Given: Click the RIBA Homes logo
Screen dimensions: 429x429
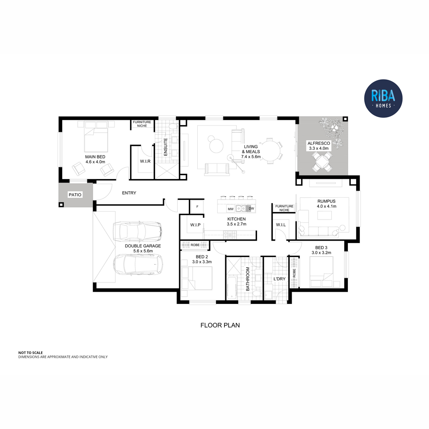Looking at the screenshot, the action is tap(383, 98).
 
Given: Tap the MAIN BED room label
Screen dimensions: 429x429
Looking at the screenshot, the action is tap(95, 157).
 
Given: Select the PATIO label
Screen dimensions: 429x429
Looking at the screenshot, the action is tap(75, 195).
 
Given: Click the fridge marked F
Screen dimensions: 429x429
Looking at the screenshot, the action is tap(197, 207).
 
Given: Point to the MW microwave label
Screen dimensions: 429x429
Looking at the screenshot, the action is tap(231, 209).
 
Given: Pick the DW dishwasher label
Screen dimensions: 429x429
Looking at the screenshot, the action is tap(251, 208).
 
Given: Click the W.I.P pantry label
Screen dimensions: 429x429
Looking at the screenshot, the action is tap(195, 225).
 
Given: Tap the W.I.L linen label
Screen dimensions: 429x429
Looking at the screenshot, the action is tap(281, 225).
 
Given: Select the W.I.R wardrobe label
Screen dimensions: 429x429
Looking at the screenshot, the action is tap(145, 161).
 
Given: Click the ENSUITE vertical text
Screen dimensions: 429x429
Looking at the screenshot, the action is tap(166, 147).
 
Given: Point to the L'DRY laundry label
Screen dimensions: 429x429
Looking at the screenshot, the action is tap(280, 279).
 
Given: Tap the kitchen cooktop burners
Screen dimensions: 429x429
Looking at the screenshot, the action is tap(230, 234).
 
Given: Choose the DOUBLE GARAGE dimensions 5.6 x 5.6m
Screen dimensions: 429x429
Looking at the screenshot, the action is tap(143, 251).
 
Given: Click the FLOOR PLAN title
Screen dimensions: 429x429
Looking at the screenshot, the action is tap(220, 325).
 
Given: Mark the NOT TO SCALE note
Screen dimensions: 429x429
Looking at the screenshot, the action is tap(30, 352).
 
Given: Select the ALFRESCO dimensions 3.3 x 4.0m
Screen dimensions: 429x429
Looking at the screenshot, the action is tap(319, 148).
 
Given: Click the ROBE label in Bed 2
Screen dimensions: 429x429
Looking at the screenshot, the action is tap(195, 245).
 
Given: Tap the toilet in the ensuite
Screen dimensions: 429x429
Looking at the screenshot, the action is tap(173, 127).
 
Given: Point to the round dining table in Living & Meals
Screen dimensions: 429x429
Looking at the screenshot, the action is tap(271, 151).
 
